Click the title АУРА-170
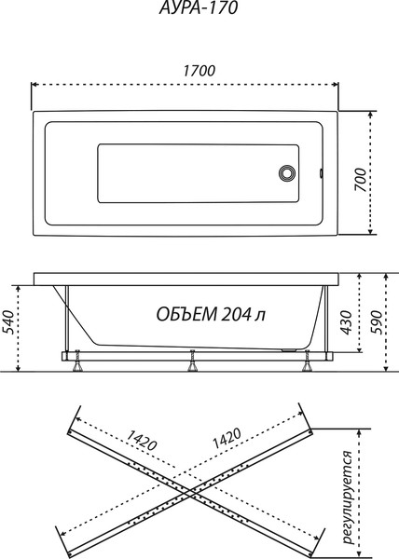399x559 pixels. click(x=198, y=7)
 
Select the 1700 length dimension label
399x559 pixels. click(x=199, y=71)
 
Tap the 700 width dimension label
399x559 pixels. click(x=361, y=180)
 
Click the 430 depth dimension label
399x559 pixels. click(x=346, y=322)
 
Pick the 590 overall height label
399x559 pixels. click(x=376, y=322)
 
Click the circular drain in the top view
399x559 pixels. click(x=287, y=173)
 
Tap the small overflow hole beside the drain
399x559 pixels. click(x=322, y=173)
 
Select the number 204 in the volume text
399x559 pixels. click(x=236, y=315)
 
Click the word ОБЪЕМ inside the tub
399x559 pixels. click(x=186, y=315)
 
